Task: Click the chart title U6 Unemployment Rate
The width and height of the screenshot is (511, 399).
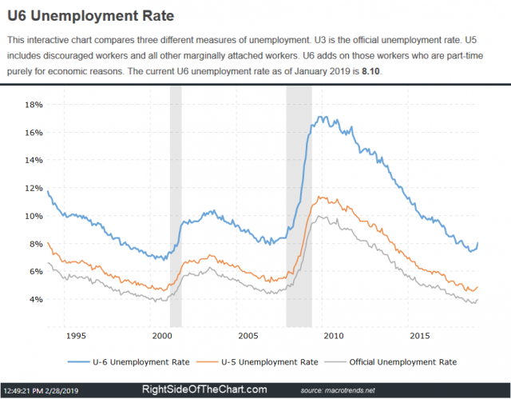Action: click(92, 15)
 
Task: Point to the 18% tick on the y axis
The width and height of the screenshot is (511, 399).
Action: click(34, 105)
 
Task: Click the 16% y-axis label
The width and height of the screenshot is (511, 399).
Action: click(34, 133)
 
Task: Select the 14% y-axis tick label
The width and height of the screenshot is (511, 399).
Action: click(34, 160)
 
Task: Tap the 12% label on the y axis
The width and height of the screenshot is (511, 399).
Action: click(34, 188)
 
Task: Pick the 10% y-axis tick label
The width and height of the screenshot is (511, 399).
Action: click(34, 216)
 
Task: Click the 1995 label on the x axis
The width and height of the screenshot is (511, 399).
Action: click(76, 334)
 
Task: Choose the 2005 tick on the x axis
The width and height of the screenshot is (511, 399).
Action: click(248, 334)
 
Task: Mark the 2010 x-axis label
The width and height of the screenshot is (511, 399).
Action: click(333, 334)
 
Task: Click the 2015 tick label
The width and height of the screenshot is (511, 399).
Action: click(419, 334)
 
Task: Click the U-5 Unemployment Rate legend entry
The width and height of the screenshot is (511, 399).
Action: click(267, 361)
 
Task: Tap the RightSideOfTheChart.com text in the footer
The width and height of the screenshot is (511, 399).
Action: click(204, 389)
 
